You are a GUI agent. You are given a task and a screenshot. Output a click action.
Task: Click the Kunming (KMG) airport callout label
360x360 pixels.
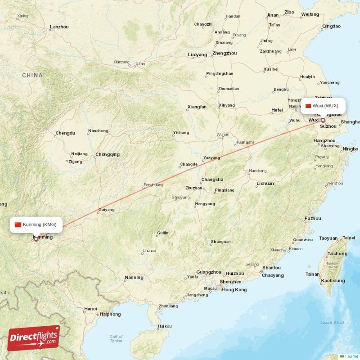36,225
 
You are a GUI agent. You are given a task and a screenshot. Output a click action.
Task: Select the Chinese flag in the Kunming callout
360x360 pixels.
18,225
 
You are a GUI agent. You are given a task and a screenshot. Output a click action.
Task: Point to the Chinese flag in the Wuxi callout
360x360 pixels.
308,106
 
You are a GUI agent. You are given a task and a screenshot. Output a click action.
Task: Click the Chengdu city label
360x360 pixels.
65,133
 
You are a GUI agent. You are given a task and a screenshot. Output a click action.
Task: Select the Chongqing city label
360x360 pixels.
108,154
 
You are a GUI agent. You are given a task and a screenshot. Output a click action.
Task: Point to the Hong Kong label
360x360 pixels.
234,290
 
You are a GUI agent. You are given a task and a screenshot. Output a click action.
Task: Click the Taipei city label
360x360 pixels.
349,238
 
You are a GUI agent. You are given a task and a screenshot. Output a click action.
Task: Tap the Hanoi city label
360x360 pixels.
90,309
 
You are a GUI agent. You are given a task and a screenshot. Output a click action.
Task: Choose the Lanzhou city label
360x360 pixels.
59,27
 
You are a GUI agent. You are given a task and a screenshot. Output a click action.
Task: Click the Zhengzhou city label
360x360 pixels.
225,53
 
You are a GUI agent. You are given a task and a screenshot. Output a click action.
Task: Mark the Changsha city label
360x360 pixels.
212,180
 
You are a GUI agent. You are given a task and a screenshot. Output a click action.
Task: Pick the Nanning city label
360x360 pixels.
134,278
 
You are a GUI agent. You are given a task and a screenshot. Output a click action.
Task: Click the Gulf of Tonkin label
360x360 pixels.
116,339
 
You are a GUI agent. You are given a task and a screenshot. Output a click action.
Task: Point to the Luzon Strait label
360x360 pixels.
332,323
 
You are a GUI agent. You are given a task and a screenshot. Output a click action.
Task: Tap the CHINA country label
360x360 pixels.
32,76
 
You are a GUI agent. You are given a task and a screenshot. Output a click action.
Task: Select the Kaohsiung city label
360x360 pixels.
333,281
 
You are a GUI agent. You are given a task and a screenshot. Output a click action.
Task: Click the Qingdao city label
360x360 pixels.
331,26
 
